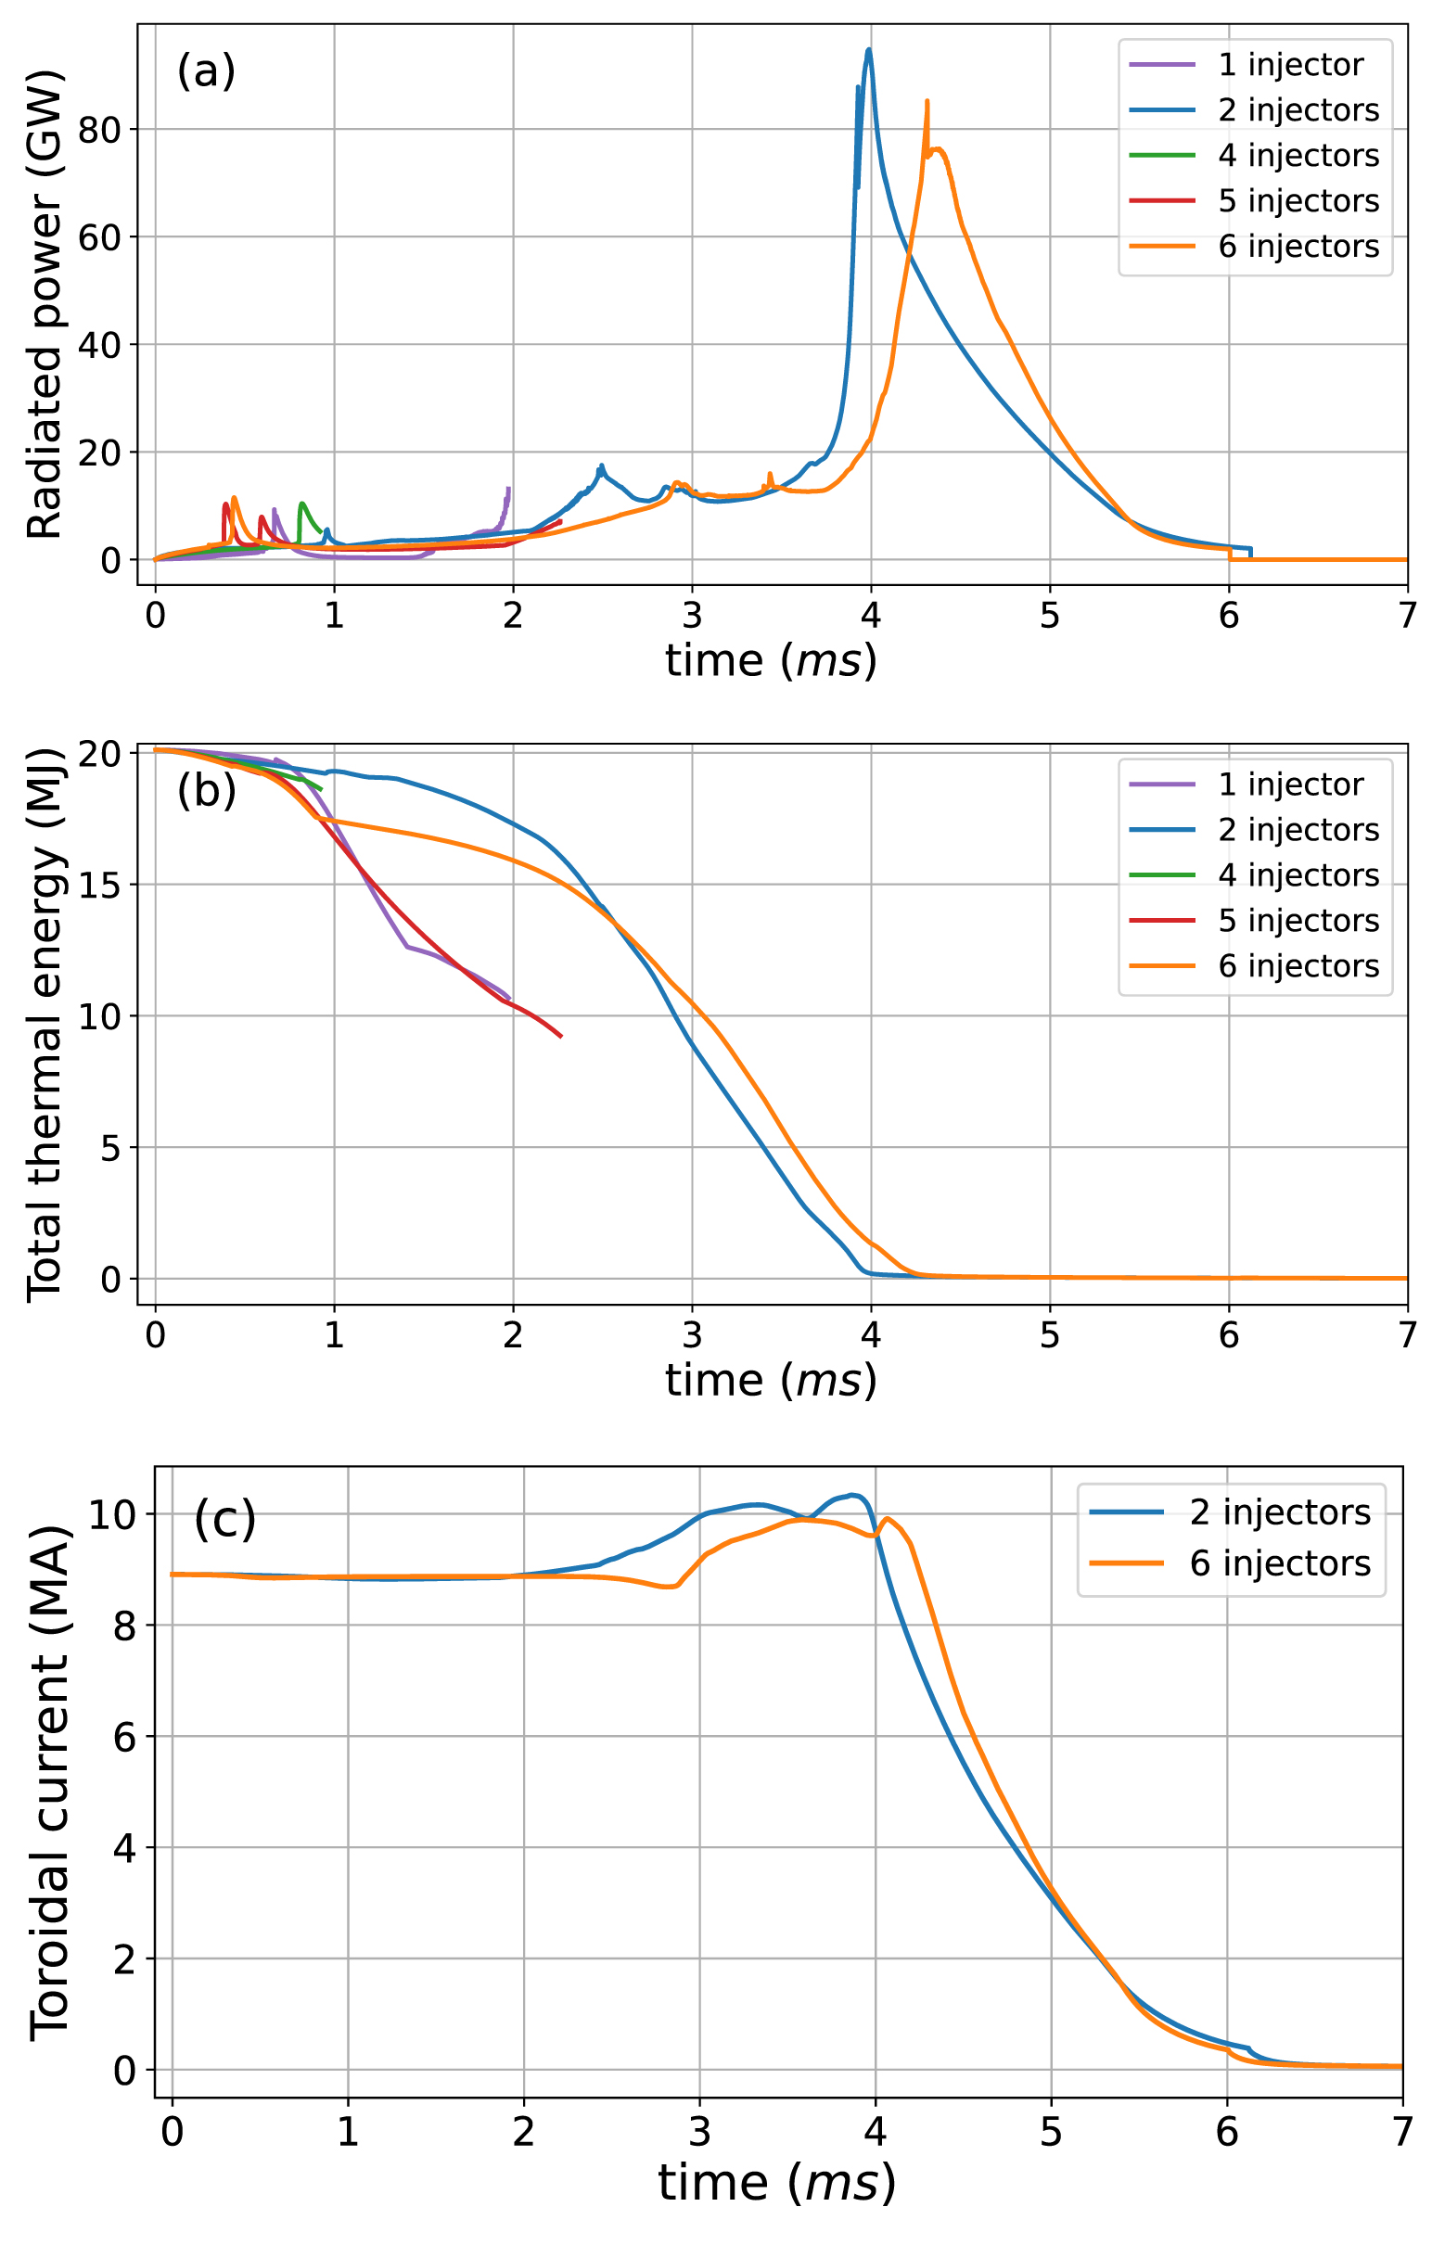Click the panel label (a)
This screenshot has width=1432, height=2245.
pos(206,70)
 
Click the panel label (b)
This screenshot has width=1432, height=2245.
pos(206,791)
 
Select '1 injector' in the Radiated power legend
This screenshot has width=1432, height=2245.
pos(1290,64)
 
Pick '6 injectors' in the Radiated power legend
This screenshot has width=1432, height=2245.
pos(1298,246)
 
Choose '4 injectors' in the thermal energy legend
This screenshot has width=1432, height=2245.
pos(1298,874)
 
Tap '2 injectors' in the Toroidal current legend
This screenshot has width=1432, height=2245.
pos(1279,1512)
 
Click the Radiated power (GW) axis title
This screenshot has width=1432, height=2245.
pos(44,304)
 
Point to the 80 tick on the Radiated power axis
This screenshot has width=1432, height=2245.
pos(100,130)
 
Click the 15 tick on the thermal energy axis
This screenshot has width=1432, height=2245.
pos(100,884)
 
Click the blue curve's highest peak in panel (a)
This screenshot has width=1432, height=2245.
pos(869,49)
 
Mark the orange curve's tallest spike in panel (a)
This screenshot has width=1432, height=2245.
pos(927,101)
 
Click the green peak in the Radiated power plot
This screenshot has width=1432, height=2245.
pos(302,504)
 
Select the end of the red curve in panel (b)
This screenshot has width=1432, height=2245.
pos(561,1036)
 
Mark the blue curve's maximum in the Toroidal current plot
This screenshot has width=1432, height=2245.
pos(852,1495)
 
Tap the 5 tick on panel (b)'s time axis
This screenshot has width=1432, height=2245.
pos(1050,1335)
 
